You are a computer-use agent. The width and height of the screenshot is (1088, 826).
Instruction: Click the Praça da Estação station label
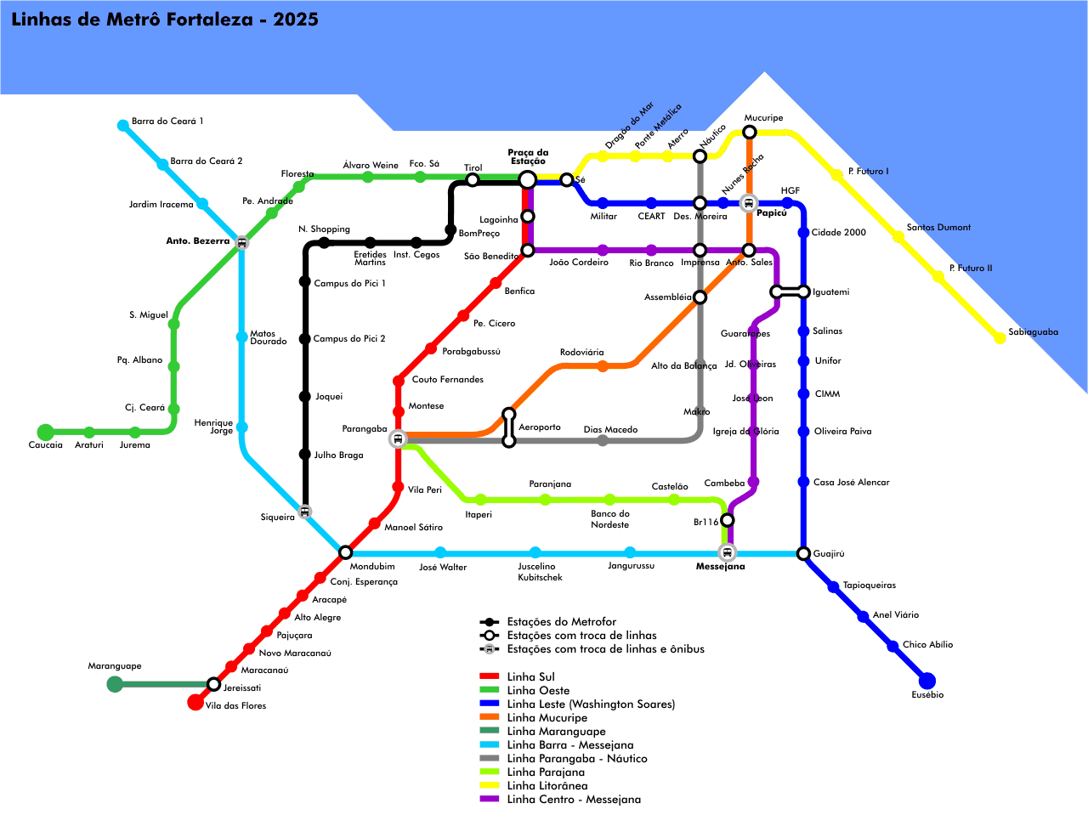click(x=528, y=157)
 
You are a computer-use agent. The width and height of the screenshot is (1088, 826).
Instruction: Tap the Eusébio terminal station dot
click(x=927, y=681)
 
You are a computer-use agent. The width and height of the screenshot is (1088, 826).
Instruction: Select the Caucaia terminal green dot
click(x=46, y=432)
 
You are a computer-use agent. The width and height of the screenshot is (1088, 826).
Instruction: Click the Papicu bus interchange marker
click(x=748, y=203)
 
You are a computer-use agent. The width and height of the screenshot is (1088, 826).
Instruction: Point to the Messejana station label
click(x=720, y=567)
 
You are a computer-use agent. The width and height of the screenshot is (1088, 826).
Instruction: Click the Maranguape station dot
click(x=115, y=684)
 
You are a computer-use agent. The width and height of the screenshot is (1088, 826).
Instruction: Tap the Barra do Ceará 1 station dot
click(x=122, y=126)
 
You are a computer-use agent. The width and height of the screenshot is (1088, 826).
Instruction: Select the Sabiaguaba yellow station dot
click(x=1000, y=338)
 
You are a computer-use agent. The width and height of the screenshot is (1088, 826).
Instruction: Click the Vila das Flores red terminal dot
click(x=195, y=702)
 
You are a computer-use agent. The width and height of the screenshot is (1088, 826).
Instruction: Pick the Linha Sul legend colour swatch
click(x=490, y=676)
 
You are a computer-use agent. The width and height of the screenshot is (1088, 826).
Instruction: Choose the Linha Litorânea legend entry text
click(x=547, y=786)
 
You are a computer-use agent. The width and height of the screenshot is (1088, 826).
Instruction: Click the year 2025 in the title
click(x=295, y=20)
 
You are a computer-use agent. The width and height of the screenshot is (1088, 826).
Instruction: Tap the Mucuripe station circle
click(x=749, y=132)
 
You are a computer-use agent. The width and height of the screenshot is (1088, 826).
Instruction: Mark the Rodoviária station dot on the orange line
click(x=603, y=366)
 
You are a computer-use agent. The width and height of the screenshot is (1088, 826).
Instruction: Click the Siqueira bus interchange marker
click(x=305, y=512)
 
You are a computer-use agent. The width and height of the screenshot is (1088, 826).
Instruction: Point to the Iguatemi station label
click(x=830, y=292)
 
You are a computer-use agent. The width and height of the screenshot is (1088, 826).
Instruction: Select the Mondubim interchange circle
click(x=345, y=552)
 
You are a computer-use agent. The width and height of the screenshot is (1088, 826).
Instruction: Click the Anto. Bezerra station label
click(x=197, y=241)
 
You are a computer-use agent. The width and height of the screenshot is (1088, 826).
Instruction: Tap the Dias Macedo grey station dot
click(x=603, y=440)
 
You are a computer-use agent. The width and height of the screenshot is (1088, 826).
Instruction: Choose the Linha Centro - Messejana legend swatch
click(x=490, y=799)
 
